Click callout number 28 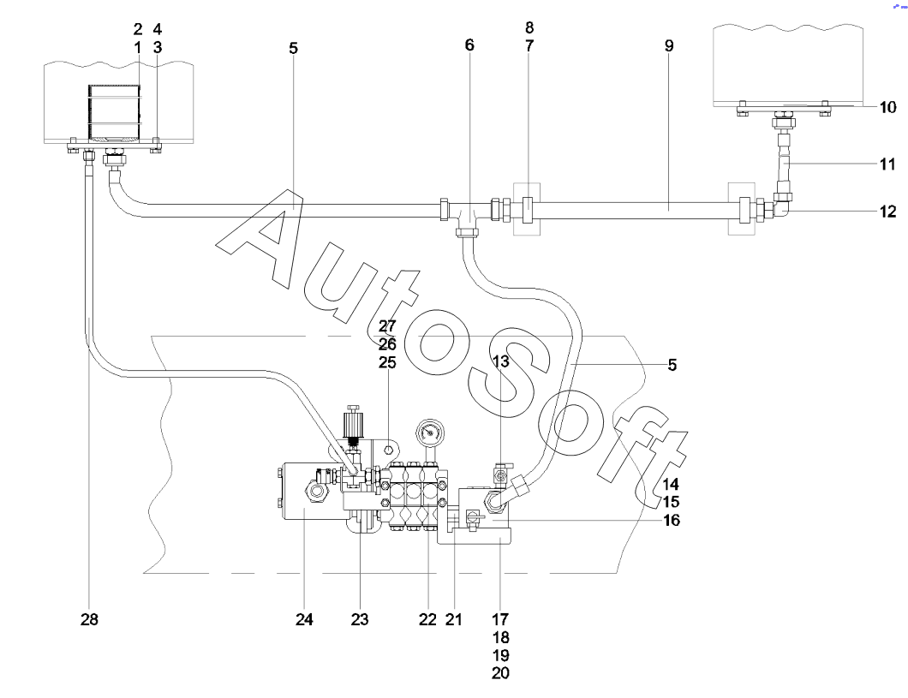click(89, 620)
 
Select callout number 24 click(304, 620)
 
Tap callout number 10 click(887, 107)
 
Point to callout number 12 click(887, 212)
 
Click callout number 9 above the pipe click(669, 45)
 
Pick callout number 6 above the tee click(469, 45)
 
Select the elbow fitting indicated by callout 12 click(780, 208)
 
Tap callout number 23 click(360, 620)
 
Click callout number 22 click(427, 620)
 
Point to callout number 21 click(454, 620)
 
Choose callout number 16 click(672, 521)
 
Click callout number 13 click(500, 361)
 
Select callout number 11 click(887, 164)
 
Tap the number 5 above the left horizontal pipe click(294, 48)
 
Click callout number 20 click(500, 673)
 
